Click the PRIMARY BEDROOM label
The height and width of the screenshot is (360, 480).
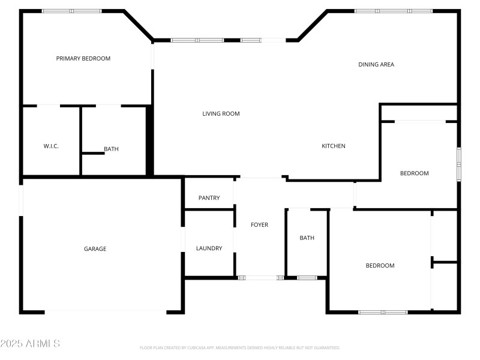click(83, 58)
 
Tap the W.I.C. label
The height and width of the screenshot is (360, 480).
click(51, 146)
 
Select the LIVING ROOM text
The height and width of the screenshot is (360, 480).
click(221, 113)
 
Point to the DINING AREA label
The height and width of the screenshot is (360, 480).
click(376, 64)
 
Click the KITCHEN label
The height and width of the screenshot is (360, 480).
click(334, 146)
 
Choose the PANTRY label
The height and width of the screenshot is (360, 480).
click(209, 198)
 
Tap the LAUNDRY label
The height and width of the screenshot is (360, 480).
click(209, 248)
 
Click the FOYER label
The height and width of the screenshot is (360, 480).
click(259, 225)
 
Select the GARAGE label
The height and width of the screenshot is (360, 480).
click(95, 248)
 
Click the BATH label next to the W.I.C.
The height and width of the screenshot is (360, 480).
click(111, 149)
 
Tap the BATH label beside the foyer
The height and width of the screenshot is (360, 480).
click(307, 238)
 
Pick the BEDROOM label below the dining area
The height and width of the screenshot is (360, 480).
click(415, 173)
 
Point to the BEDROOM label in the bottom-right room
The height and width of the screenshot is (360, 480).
click(380, 265)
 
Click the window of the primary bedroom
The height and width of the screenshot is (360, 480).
click(71, 11)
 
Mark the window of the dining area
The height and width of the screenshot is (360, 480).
click(393, 11)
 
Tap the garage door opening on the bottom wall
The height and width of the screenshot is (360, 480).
click(105, 312)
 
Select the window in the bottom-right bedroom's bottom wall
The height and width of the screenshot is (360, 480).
click(383, 312)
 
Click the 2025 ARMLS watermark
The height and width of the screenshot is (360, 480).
click(30, 344)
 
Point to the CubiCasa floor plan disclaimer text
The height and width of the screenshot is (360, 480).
click(240, 347)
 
